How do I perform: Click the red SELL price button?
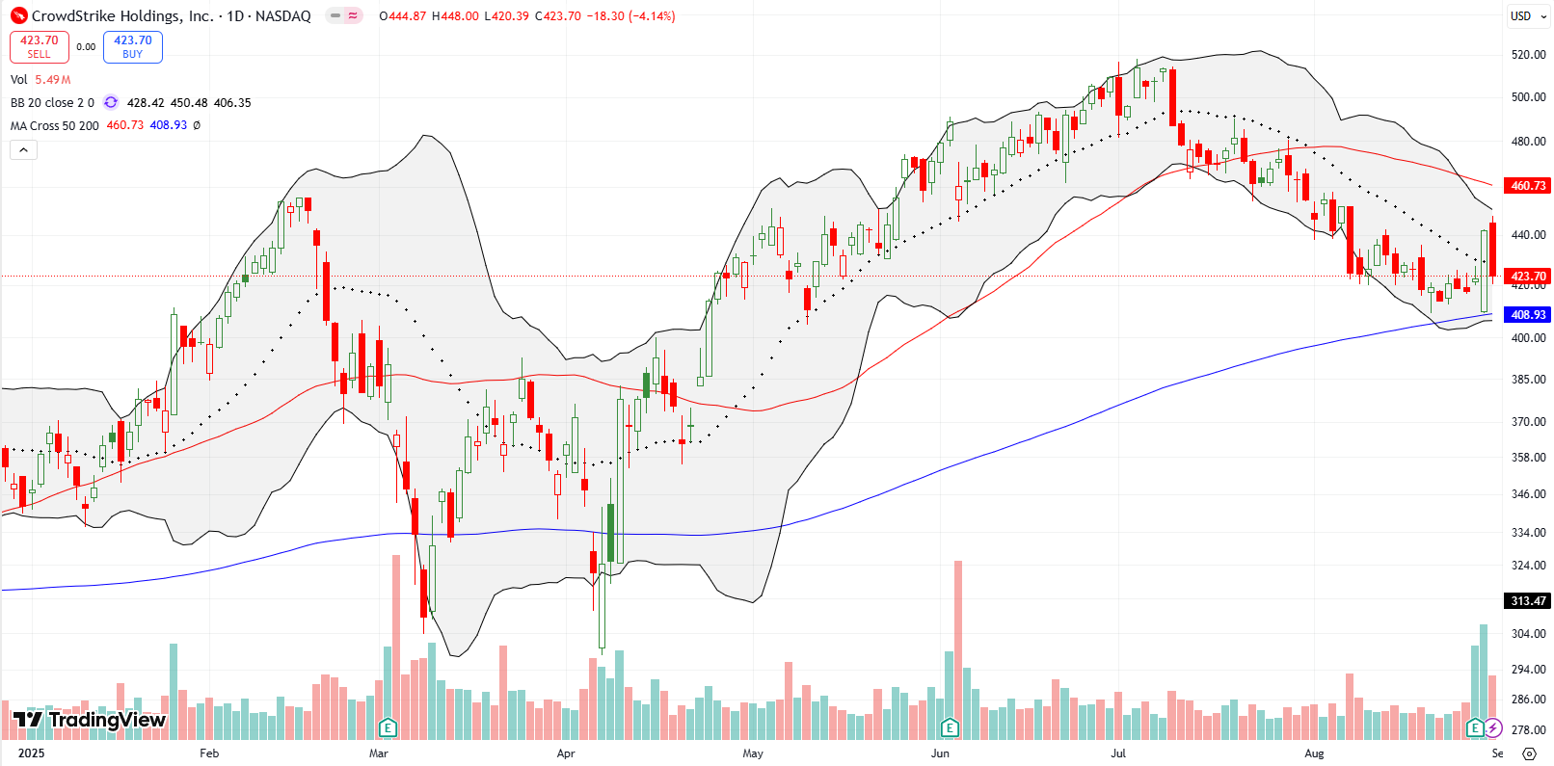click(40, 47)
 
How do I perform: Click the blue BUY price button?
click(133, 47)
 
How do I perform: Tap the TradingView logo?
click(90, 720)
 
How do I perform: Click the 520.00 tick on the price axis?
click(1529, 55)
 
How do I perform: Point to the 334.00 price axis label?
click(1529, 533)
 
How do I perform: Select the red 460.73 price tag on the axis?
click(1528, 185)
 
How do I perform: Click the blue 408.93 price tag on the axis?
click(1528, 315)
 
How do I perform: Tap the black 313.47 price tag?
click(1528, 601)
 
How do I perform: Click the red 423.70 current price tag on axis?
click(1528, 277)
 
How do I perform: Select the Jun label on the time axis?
click(940, 753)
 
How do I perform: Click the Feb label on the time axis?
click(209, 753)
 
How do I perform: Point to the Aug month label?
click(1314, 753)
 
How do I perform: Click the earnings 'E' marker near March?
click(388, 726)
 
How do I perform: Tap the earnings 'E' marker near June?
click(951, 726)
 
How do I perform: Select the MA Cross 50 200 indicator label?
click(55, 126)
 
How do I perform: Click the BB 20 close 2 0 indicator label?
click(52, 103)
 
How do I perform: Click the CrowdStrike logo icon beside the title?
click(19, 16)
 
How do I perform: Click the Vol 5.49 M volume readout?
click(40, 80)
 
